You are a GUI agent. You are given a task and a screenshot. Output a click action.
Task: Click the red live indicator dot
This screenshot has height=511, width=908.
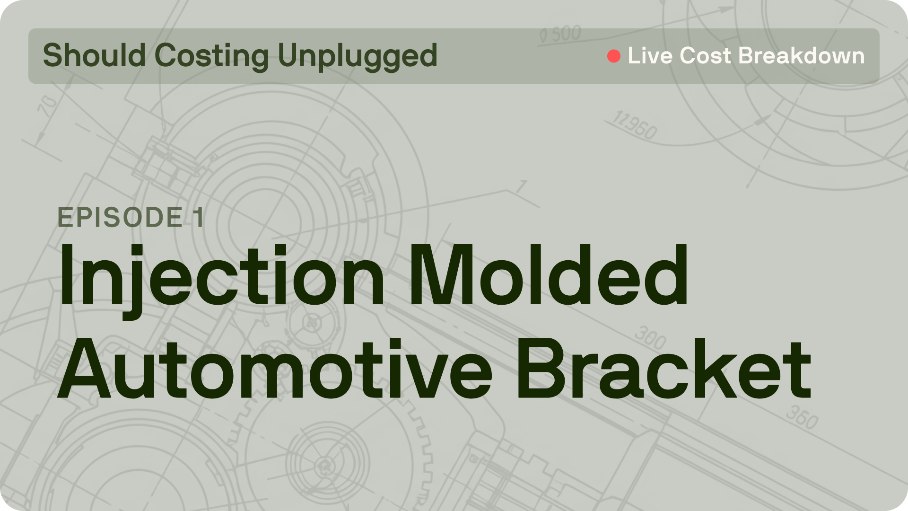(614, 56)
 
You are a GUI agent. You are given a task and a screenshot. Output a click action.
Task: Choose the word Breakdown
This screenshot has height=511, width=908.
(801, 56)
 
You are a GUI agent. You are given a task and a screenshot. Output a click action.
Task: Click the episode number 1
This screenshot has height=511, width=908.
(199, 217)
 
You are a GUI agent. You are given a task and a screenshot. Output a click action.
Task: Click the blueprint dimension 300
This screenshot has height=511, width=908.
(650, 337)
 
